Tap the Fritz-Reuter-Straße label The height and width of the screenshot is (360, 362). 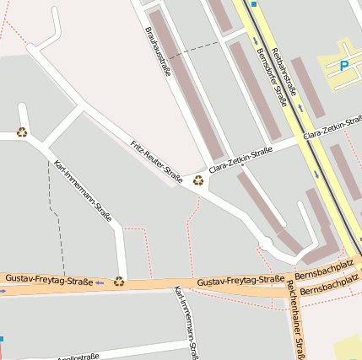(157, 161)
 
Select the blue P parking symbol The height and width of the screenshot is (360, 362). (343, 65)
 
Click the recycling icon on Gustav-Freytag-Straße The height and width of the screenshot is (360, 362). (119, 281)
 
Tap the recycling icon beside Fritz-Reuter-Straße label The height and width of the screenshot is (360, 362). (198, 180)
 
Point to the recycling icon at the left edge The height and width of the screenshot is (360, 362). (22, 132)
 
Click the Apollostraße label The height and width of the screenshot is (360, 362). (77, 356)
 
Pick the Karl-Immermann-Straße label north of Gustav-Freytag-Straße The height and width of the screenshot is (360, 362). (83, 191)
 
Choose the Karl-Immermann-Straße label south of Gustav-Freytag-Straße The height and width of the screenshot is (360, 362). (185, 323)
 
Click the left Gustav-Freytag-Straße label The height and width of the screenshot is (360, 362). (48, 278)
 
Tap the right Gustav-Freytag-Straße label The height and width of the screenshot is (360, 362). (240, 280)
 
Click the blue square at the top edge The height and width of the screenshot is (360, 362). (253, 3)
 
